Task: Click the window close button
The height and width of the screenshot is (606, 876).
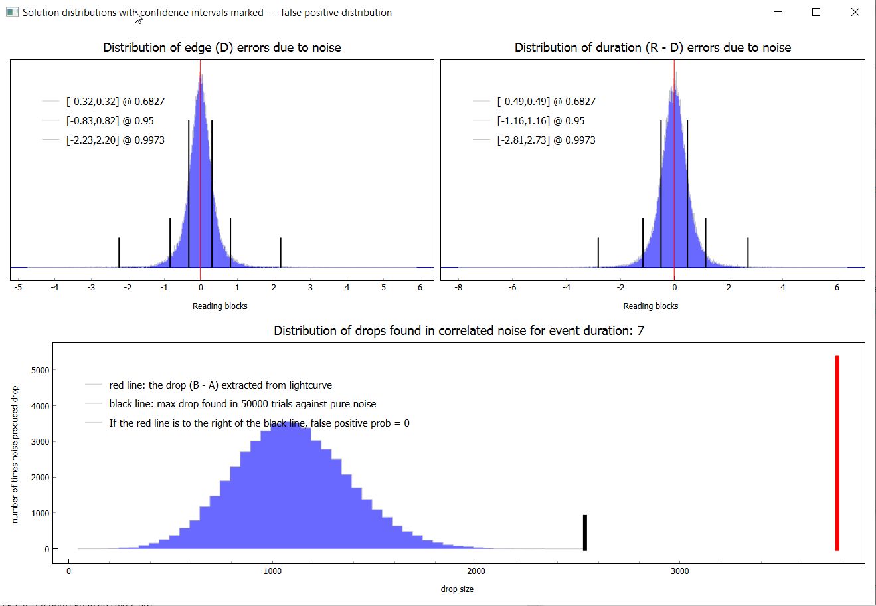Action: tap(855, 12)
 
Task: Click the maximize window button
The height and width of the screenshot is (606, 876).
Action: tap(816, 12)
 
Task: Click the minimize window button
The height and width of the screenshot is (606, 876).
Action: tap(777, 12)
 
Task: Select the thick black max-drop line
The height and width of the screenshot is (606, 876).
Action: tap(584, 532)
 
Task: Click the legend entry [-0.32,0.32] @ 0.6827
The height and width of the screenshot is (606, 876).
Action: tap(115, 102)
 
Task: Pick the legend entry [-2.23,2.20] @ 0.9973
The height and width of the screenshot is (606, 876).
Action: tap(115, 140)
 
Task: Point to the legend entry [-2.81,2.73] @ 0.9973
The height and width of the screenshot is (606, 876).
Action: tap(546, 140)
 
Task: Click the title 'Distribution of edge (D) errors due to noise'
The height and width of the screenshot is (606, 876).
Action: tap(222, 48)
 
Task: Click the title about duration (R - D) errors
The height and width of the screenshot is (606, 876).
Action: tap(652, 48)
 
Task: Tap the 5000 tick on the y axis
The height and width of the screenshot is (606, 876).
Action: tap(41, 370)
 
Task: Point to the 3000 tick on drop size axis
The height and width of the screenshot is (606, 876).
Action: tap(679, 571)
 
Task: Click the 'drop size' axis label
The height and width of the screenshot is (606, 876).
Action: tap(457, 589)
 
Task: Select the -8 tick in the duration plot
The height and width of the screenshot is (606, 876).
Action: tap(458, 288)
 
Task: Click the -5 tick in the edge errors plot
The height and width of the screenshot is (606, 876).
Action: tap(18, 288)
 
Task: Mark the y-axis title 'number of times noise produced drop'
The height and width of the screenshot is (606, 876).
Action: tap(15, 454)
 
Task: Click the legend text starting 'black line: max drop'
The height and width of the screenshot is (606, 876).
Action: tap(242, 404)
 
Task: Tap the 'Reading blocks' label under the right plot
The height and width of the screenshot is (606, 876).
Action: tap(650, 306)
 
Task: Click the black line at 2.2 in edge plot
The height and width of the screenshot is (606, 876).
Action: tap(280, 252)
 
